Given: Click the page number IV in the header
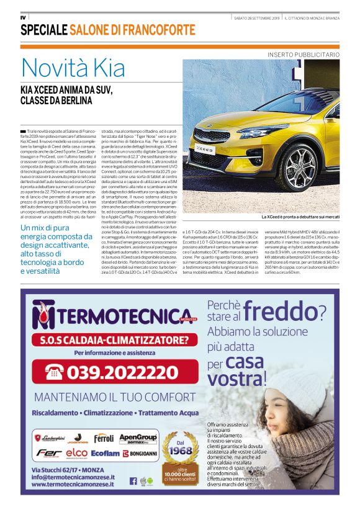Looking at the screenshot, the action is (x=23, y=17).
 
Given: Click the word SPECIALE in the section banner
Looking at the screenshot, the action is (x=43, y=30).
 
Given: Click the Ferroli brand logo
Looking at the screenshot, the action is (x=104, y=438).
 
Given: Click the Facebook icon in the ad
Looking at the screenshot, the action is (x=133, y=480).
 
